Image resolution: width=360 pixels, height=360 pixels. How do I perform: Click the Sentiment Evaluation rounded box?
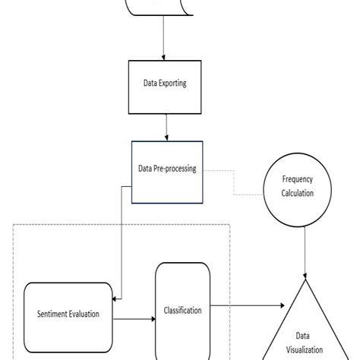tap(68, 313)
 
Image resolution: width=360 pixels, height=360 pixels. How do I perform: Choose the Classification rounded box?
tap(182, 310)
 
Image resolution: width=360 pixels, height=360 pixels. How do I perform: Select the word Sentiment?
tap(52, 314)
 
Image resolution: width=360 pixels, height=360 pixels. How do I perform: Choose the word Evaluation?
tap(84, 314)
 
